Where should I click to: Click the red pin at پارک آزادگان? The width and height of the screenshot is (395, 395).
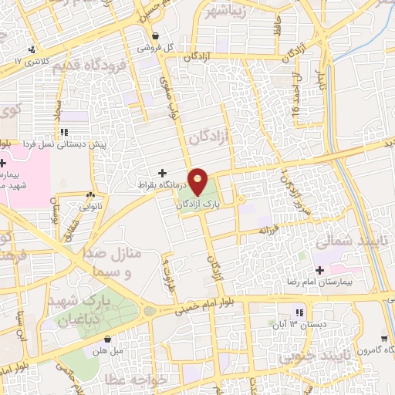click(198, 183)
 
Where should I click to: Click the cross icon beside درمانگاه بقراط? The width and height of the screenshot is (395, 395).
click(162, 173)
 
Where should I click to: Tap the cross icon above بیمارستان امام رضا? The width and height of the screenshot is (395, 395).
click(319, 270)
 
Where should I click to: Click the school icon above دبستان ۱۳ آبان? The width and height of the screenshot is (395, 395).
click(299, 312)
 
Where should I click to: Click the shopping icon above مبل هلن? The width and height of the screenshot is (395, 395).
click(107, 338)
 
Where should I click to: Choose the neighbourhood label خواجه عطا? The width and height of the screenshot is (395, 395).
click(164, 377)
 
